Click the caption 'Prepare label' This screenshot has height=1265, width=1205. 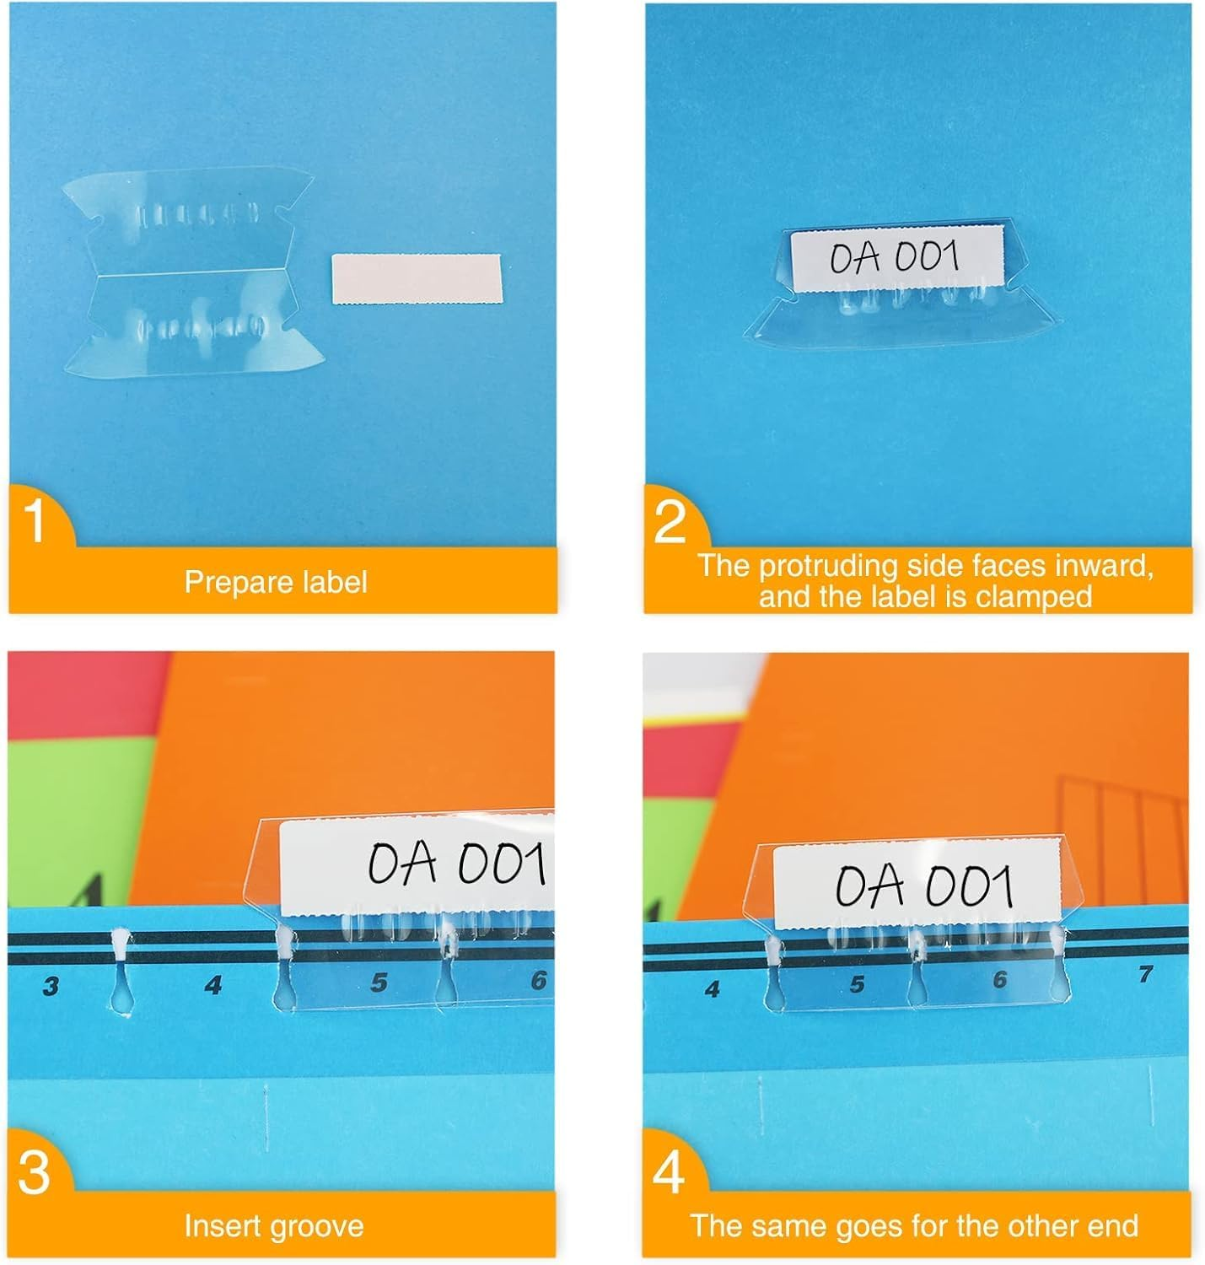(276, 582)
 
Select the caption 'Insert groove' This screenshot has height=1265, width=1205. (274, 1225)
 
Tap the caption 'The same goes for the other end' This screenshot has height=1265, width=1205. (914, 1225)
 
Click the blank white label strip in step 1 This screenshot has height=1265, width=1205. (417, 278)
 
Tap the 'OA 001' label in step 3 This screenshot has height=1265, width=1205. (455, 864)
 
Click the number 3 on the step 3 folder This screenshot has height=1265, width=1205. (51, 986)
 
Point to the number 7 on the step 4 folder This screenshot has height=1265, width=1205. (1144, 974)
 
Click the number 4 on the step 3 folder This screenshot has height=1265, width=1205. (212, 984)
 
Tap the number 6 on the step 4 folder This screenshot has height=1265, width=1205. (999, 980)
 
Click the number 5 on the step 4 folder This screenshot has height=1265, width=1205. (857, 984)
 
